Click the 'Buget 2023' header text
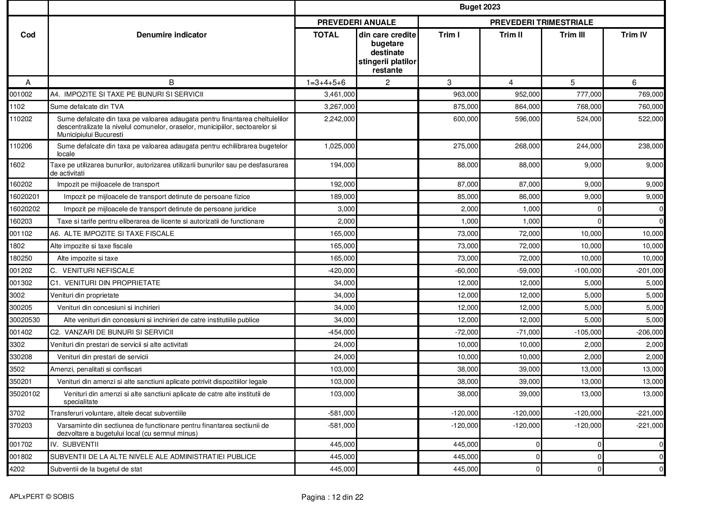480,7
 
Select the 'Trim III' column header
572,35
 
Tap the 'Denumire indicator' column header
171,35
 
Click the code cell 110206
21,146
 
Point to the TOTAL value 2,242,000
340,119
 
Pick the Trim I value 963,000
465,95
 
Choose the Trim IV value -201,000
649,271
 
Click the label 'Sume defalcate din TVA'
87,107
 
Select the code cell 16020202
25,209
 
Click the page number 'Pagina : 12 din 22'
332,497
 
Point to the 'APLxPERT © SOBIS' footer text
42,497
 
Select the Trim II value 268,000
527,146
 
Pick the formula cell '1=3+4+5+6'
326,83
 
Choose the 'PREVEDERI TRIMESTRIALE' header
541,22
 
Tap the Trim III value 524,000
589,119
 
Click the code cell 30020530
25,320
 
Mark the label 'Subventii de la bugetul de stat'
96,469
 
